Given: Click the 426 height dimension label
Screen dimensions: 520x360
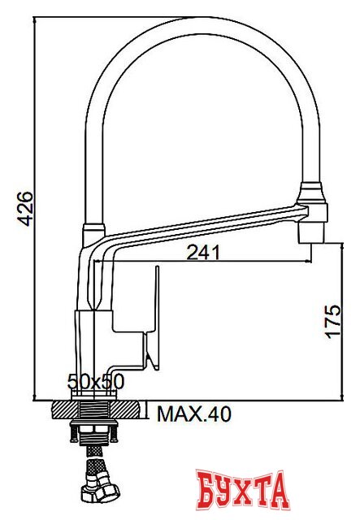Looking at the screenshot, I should click(x=24, y=210).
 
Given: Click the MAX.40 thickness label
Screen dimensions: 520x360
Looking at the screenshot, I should click(x=193, y=415).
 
